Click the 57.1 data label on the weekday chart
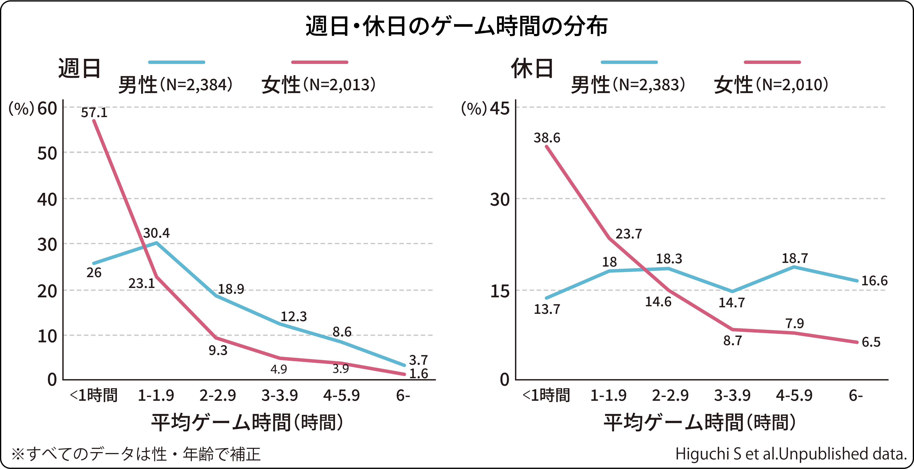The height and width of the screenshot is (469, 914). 94,113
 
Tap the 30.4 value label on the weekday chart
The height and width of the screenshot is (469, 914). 156,233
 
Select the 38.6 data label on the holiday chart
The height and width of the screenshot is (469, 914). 547,138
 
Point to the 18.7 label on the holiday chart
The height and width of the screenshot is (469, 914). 795,258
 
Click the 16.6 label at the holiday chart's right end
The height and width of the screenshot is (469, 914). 874,281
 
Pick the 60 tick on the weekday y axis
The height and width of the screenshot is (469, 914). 47,109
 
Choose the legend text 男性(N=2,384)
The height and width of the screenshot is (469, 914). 175,85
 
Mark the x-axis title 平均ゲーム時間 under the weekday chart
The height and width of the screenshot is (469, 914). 247,422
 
